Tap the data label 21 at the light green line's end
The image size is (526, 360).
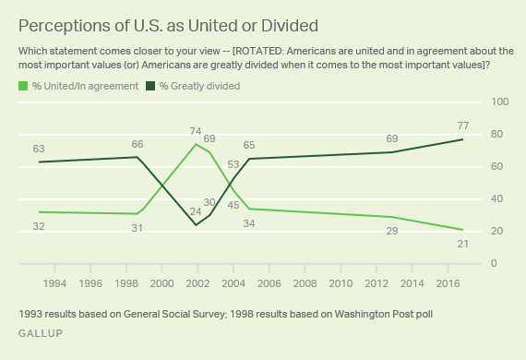pos(462,245)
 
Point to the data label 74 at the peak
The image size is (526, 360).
pos(197,130)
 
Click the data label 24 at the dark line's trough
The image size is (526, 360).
pos(195,211)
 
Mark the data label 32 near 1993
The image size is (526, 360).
pos(38,226)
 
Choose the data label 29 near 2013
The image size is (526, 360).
pos(392,232)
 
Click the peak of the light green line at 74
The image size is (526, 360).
pos(196,144)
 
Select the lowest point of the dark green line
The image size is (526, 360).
pos(196,224)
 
